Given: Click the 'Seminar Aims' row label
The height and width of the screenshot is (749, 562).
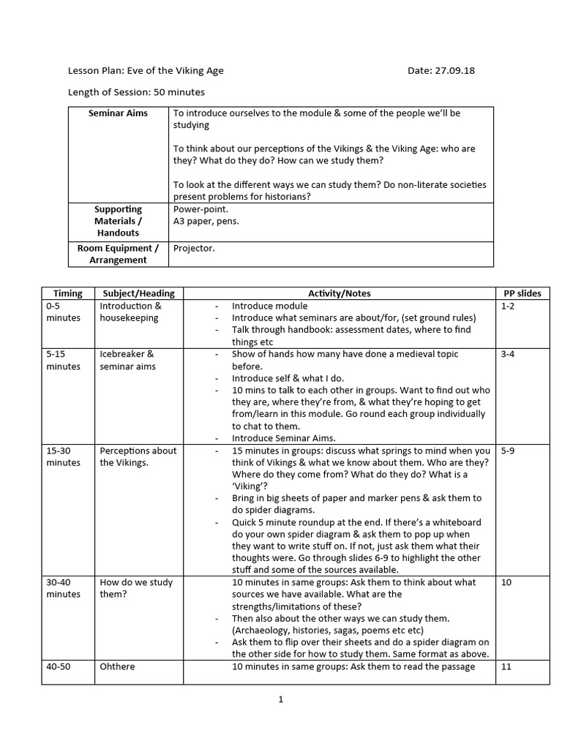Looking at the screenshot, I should (x=118, y=113).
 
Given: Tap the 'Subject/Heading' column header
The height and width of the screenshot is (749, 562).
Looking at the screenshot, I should (x=139, y=293).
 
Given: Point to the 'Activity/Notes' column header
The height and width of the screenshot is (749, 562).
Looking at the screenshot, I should (x=339, y=293).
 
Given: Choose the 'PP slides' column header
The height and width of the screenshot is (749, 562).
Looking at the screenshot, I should (x=522, y=293).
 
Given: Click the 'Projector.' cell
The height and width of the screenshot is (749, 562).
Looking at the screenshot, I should (x=193, y=248).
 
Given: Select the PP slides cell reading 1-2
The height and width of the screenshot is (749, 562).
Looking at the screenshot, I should (x=508, y=306).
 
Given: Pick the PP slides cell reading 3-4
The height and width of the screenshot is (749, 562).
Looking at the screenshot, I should (x=508, y=354).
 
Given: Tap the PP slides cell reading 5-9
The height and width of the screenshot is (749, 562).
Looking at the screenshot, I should (x=508, y=451).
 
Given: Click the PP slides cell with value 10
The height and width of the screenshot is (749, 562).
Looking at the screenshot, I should (x=506, y=582).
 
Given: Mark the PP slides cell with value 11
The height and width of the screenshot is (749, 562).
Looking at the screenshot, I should (x=506, y=666).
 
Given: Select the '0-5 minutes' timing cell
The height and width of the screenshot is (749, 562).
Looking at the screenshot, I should (x=63, y=312).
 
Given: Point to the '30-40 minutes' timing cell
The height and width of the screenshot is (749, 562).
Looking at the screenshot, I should (x=63, y=588).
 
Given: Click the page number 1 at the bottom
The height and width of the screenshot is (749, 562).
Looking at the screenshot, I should (x=280, y=699).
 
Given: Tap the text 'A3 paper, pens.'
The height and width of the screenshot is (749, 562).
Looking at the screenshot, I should (x=206, y=221).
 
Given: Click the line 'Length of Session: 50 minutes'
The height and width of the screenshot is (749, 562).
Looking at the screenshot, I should (x=136, y=92).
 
